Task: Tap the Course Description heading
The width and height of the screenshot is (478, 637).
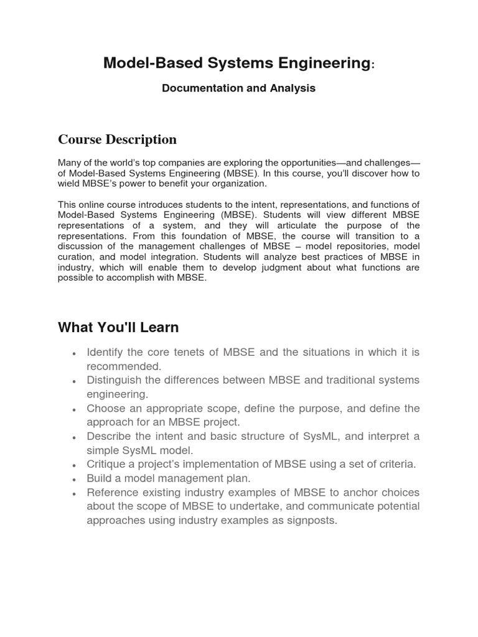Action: [x=117, y=139]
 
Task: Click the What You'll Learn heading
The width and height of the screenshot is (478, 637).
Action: [x=118, y=327]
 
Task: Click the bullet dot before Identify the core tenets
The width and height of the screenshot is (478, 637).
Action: [x=74, y=353]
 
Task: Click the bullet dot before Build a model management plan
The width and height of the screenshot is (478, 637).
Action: [x=74, y=480]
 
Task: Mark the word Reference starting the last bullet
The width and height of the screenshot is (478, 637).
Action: [x=113, y=493]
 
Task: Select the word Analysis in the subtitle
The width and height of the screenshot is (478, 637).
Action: [x=293, y=88]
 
